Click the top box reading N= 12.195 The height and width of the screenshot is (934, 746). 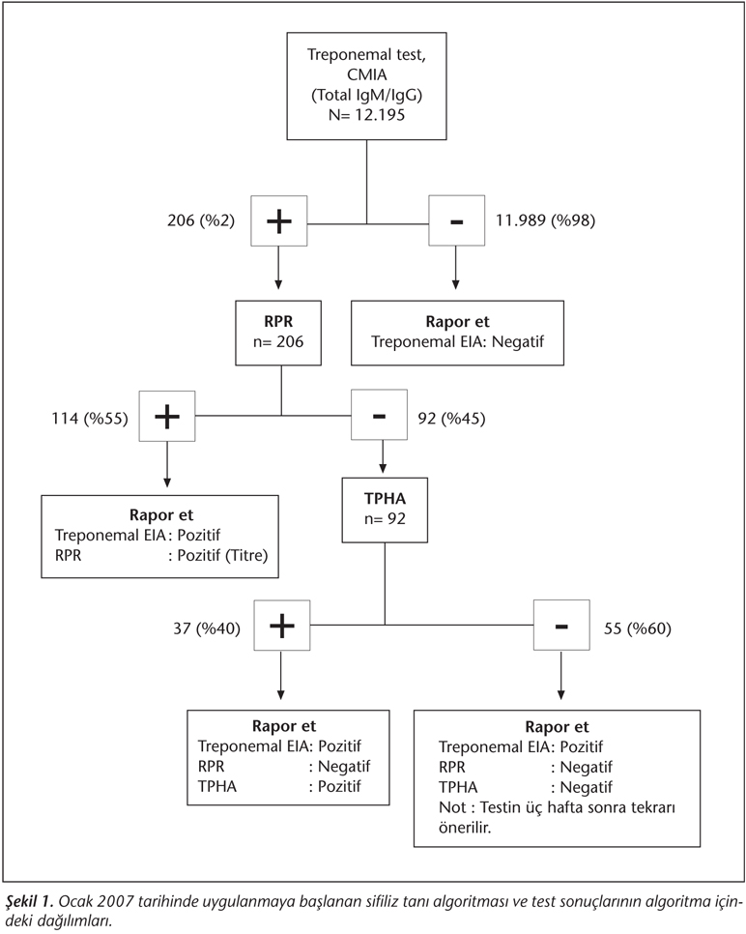pyautogui.click(x=367, y=86)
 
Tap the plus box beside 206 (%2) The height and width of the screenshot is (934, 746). pyautogui.click(x=279, y=221)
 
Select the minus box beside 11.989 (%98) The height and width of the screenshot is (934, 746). pyautogui.click(x=457, y=221)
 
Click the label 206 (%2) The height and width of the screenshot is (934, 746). pyautogui.click(x=201, y=220)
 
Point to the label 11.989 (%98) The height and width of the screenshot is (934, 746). pyautogui.click(x=545, y=220)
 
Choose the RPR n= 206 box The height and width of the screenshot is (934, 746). pyautogui.click(x=278, y=333)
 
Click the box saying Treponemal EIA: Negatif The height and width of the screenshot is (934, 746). pyautogui.click(x=457, y=333)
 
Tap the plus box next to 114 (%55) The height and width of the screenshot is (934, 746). pyautogui.click(x=167, y=417)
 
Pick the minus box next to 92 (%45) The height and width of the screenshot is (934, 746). pyautogui.click(x=379, y=415)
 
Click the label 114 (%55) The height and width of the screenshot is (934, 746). pyautogui.click(x=90, y=418)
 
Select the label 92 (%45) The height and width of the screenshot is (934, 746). pyautogui.click(x=451, y=418)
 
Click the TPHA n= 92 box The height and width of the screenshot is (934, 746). pyautogui.click(x=385, y=510)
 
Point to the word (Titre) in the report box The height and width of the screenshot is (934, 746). pyautogui.click(x=246, y=555)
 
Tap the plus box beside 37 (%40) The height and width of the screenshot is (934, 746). pyautogui.click(x=282, y=626)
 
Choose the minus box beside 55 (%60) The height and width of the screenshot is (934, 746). pyautogui.click(x=561, y=626)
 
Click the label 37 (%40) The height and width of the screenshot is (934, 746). pyautogui.click(x=207, y=628)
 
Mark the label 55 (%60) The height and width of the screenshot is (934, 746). pyautogui.click(x=638, y=628)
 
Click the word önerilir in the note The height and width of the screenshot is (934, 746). pyautogui.click(x=465, y=828)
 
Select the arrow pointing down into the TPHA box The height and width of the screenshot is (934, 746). pyautogui.click(x=383, y=457)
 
